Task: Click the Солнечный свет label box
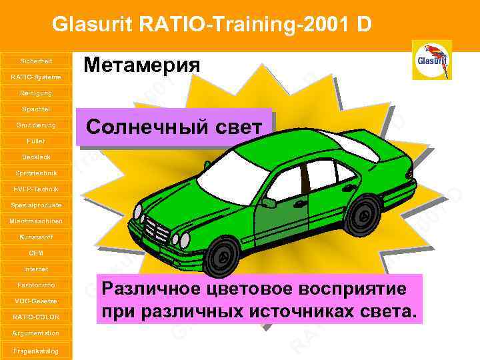pos(175,127)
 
